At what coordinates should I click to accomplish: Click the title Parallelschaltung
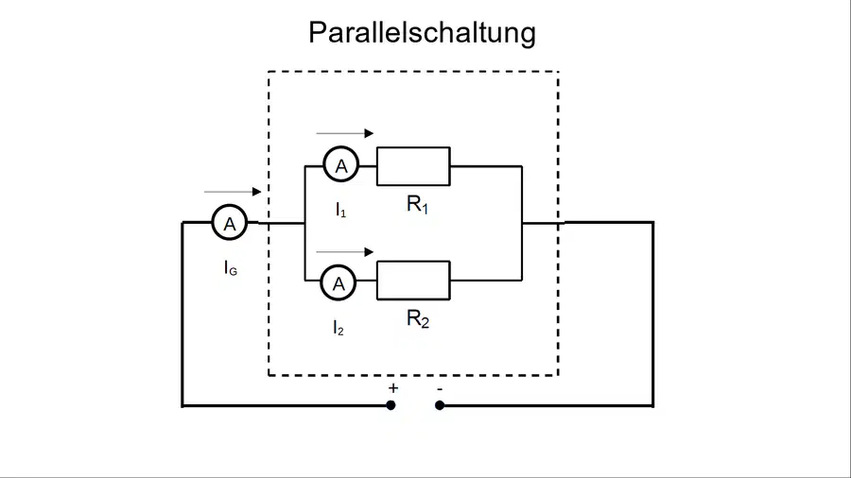coord(423,33)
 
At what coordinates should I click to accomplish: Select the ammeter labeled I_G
coord(230,222)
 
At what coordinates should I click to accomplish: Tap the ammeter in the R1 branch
coord(340,164)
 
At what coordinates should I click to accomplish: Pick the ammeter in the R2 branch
coord(339,282)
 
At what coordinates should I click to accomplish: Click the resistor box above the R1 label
coord(413,166)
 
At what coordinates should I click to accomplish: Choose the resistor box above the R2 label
coord(413,281)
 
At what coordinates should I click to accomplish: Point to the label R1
coord(417,205)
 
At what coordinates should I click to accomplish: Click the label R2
coord(418,318)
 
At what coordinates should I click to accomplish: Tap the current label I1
coord(340,210)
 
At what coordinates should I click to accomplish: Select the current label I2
coord(339,328)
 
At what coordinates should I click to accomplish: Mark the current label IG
coord(231,267)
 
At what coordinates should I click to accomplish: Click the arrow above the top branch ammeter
coord(345,133)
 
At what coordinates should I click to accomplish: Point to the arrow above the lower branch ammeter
coord(345,251)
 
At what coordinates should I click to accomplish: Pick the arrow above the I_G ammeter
coord(233,192)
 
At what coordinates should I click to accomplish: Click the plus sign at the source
coord(393,388)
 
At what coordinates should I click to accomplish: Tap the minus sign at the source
coord(440,388)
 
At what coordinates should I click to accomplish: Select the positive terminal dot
coord(391,405)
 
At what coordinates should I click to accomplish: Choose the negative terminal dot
coord(440,405)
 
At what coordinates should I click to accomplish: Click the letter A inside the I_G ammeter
coord(230,223)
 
